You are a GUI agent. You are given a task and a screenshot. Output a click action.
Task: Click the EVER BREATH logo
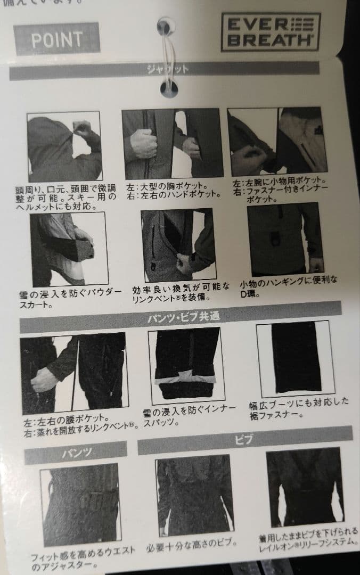click(270, 32)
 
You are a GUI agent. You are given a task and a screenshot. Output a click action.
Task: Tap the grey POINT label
click(57, 39)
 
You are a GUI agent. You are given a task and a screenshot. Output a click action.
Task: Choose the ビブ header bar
click(244, 439)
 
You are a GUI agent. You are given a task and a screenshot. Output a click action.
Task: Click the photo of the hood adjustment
click(64, 146)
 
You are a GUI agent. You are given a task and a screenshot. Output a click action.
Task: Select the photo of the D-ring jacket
click(285, 238)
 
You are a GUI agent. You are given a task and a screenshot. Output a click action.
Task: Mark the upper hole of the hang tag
click(166, 26)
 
